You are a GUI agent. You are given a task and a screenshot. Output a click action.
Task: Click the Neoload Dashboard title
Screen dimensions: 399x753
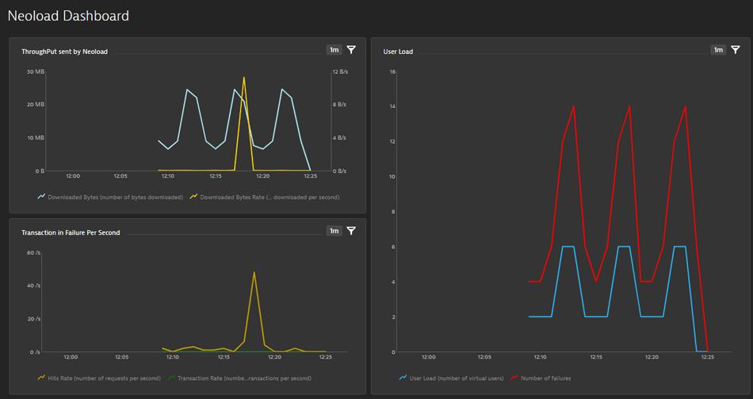coord(68,16)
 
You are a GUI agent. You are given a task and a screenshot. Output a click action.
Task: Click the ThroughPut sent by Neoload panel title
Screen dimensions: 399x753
coord(64,52)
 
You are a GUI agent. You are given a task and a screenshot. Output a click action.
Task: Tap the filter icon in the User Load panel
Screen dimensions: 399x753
coord(736,50)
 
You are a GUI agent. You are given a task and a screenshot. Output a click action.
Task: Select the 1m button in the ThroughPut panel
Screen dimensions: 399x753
coord(334,50)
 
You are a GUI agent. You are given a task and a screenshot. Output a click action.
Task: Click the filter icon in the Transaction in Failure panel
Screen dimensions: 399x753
coord(351,231)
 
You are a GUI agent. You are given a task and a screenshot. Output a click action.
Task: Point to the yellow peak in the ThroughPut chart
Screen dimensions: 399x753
coord(244,78)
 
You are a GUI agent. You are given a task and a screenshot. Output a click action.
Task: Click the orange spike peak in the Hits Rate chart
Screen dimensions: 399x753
coord(254,272)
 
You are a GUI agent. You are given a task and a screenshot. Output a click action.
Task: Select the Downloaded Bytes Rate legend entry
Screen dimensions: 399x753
coord(268,197)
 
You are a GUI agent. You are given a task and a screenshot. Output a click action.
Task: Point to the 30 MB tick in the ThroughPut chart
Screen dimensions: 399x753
coord(36,72)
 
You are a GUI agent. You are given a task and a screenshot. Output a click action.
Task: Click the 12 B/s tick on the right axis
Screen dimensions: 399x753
coord(339,72)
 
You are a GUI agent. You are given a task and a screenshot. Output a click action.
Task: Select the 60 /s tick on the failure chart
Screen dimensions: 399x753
coord(33,253)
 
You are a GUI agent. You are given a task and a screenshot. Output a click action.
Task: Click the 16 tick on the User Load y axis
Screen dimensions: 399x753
coord(392,72)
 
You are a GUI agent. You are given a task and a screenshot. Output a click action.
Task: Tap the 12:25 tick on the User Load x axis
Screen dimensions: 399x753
coord(707,357)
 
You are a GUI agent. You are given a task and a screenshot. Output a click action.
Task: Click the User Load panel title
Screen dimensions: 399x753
coord(398,52)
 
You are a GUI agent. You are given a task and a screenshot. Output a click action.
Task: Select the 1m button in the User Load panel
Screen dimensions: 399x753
coord(718,50)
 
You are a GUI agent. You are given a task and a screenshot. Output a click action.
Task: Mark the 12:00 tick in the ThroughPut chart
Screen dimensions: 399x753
coord(73,176)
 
